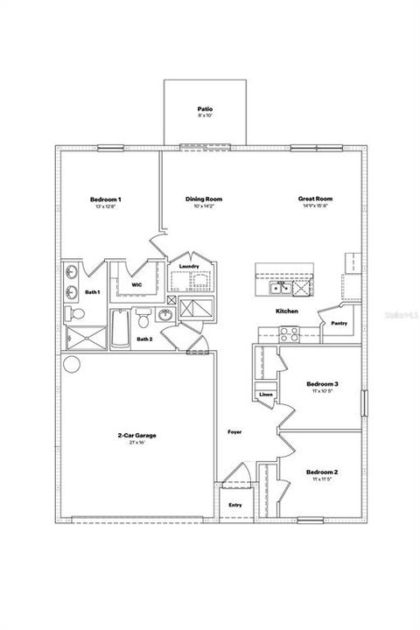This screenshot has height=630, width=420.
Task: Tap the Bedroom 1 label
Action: point(105,200)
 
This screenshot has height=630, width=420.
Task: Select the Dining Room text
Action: point(200,200)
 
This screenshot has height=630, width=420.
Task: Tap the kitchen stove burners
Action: point(290,332)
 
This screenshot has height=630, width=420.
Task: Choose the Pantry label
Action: point(339,323)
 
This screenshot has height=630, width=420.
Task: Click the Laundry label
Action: point(189,266)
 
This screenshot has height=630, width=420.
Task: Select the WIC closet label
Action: point(136,284)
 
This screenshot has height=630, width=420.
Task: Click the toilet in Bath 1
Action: point(75,313)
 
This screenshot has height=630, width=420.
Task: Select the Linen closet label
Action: point(266,395)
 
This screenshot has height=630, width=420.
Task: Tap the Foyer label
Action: point(234,432)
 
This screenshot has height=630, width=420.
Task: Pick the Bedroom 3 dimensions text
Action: point(322,392)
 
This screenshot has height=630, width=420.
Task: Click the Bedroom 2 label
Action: point(322,472)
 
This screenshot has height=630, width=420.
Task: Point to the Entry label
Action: point(235,505)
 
